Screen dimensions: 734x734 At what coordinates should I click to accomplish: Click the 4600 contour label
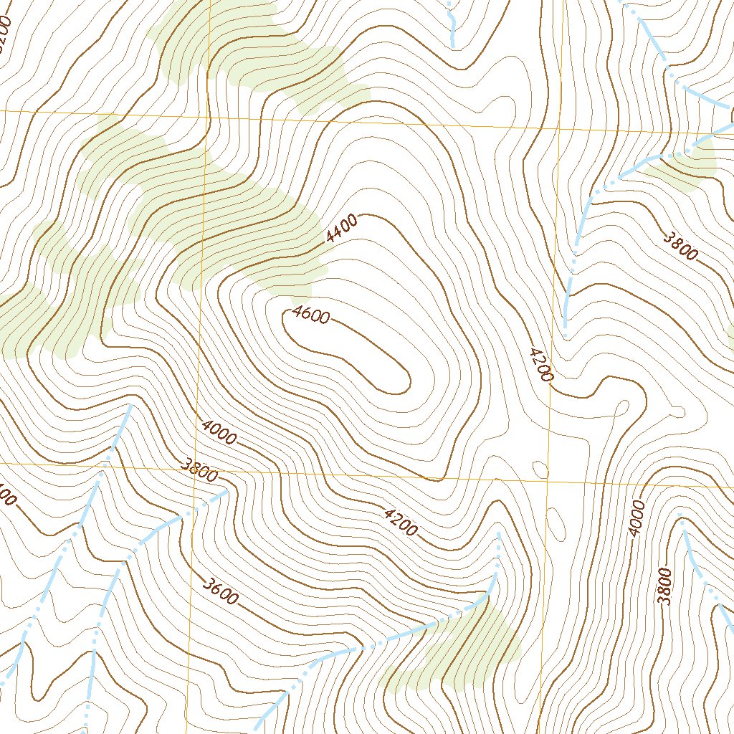point(310,315)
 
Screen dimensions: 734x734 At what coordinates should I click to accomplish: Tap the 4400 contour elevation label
point(341,229)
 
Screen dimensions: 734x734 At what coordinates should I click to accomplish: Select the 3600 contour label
point(219,592)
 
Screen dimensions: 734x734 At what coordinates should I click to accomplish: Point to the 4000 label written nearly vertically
point(637,518)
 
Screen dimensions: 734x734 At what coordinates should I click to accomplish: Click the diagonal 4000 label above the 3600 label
point(219,432)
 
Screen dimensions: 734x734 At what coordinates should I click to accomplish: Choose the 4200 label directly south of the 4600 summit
point(400,522)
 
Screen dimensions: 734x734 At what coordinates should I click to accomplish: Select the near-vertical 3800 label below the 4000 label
point(664,586)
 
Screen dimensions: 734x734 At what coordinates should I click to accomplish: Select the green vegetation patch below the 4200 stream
point(459,649)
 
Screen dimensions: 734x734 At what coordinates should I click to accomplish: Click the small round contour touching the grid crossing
point(541,470)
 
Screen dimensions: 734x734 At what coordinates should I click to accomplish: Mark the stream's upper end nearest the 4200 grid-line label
point(566,333)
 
